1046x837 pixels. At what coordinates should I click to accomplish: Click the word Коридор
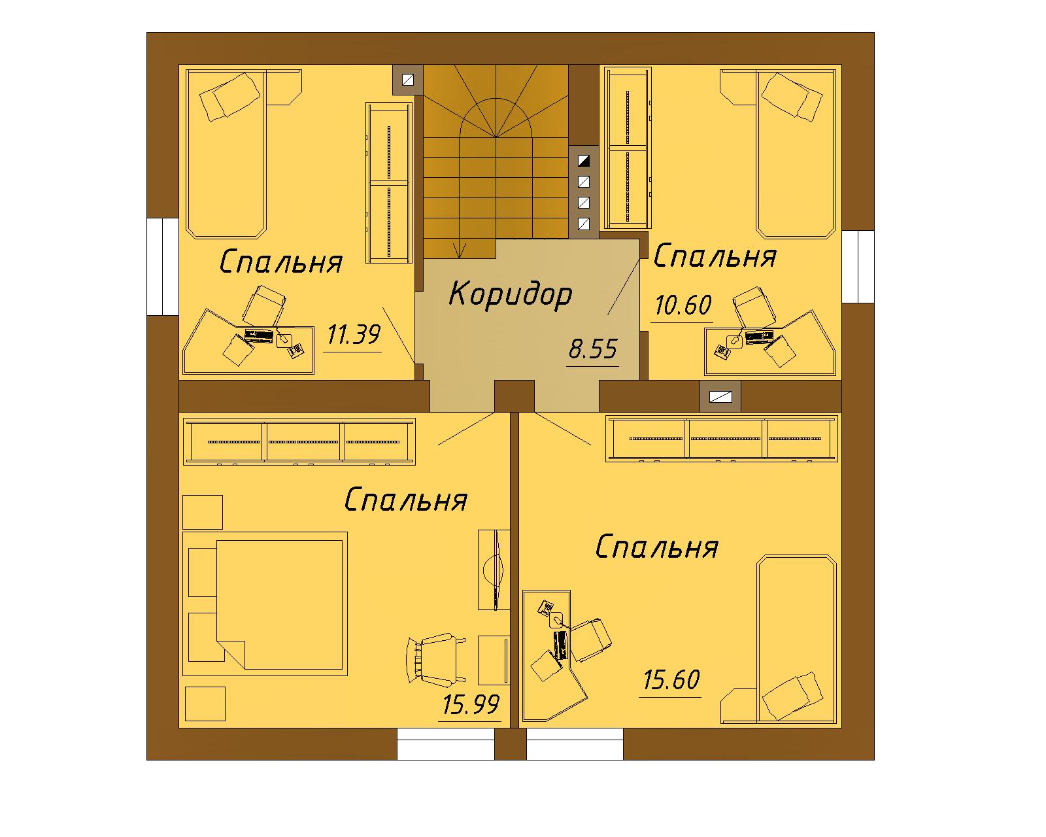click(x=511, y=294)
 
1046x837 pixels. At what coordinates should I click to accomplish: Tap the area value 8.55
click(x=593, y=349)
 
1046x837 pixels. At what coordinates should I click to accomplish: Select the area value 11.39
click(x=354, y=335)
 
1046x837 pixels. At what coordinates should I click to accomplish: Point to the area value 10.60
click(x=683, y=305)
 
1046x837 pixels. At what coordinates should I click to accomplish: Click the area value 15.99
click(x=471, y=705)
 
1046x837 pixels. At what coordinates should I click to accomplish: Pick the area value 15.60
click(x=671, y=680)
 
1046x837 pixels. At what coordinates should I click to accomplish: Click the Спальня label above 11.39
click(x=281, y=262)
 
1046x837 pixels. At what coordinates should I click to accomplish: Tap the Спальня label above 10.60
click(x=715, y=256)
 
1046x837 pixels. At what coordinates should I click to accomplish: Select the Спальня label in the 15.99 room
click(x=406, y=500)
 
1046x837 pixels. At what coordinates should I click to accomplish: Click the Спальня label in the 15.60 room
click(x=657, y=547)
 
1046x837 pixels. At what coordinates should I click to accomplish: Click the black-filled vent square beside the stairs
click(x=584, y=160)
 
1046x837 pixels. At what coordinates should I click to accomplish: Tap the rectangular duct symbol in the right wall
click(x=721, y=397)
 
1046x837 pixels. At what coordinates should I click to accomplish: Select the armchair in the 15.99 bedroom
click(x=435, y=660)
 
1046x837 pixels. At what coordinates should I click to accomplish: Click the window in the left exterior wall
click(x=163, y=267)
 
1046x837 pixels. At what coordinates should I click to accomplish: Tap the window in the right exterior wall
click(x=858, y=267)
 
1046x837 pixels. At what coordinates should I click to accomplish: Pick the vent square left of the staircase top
click(x=408, y=80)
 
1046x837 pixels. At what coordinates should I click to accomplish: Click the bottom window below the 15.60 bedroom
click(x=575, y=743)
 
